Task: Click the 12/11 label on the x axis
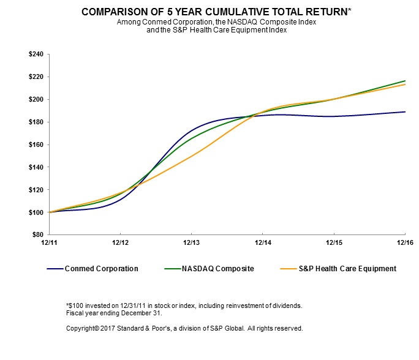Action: click(49, 243)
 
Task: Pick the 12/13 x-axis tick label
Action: click(192, 243)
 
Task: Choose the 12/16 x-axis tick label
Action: click(404, 243)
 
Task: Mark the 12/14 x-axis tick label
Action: click(263, 243)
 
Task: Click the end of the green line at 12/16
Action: click(405, 81)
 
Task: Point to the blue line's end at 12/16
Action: click(405, 111)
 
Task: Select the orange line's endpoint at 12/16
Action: click(405, 84)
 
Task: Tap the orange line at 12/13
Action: click(192, 156)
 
